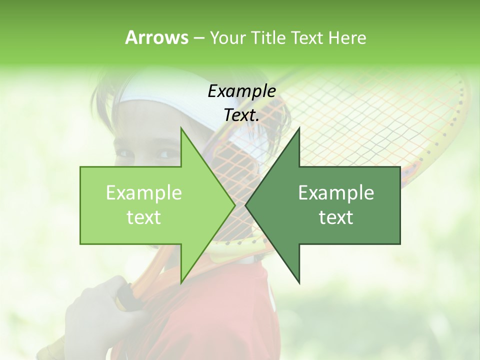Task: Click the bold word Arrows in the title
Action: (x=156, y=37)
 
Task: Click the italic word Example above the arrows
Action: (x=241, y=91)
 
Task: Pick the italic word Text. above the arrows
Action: (x=241, y=115)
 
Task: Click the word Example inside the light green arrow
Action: (x=144, y=193)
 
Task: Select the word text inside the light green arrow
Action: (x=144, y=217)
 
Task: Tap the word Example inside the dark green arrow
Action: (x=336, y=193)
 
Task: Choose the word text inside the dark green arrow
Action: (x=336, y=217)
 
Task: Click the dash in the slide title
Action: (x=198, y=38)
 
